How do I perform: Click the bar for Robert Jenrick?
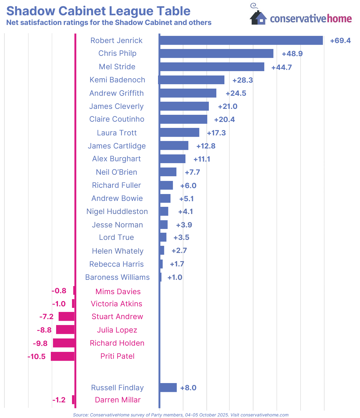pos(241,40)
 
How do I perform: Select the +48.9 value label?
pos(292,54)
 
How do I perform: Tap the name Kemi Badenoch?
pos(117,80)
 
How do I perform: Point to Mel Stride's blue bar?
pos(212,67)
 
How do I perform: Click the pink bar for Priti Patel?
pos(63,356)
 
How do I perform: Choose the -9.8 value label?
pos(40,343)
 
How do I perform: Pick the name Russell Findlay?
pos(117,388)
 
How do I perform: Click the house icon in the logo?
pos(258,17)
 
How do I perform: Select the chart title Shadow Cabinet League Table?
pos(98,11)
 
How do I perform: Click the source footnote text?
pos(180,415)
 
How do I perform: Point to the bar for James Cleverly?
pos(184,106)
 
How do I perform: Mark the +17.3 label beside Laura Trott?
pos(216,133)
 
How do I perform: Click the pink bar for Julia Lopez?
pos(65,330)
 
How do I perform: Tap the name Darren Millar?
pos(118,400)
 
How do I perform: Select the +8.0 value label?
pos(188,388)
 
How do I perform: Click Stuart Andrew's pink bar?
pos(67,317)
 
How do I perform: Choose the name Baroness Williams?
pos(117,277)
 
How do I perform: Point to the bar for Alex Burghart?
pos(172,159)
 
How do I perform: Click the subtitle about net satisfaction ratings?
pos(109,23)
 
